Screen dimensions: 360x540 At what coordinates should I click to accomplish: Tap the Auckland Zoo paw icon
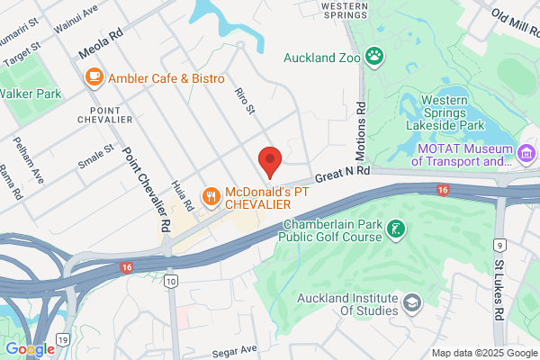[374, 58]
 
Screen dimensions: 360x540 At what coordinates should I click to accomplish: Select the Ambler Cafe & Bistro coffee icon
[94, 78]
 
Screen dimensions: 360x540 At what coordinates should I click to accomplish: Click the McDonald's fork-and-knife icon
[210, 194]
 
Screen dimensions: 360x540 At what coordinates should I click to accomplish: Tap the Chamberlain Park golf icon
[393, 230]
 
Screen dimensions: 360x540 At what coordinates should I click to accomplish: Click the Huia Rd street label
[188, 193]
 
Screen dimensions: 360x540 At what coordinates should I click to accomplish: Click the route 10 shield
[171, 283]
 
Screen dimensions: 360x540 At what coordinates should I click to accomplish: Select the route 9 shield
[500, 244]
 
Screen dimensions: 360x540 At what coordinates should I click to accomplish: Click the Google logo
[30, 349]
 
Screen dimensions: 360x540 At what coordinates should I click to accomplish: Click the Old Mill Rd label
[513, 18]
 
